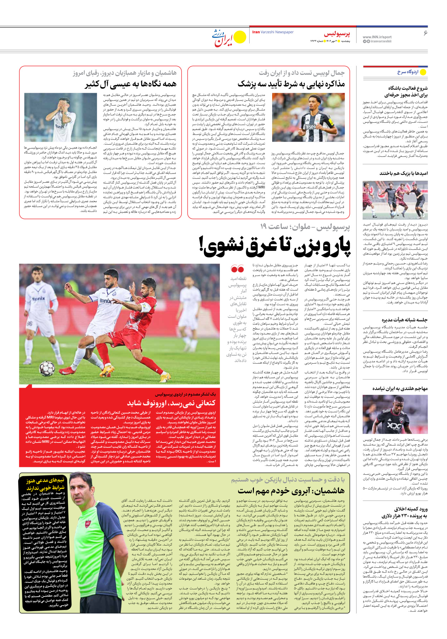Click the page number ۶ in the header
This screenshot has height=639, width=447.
click(426, 33)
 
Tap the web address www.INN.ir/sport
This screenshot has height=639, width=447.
click(377, 37)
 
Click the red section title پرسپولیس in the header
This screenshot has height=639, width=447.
click(337, 34)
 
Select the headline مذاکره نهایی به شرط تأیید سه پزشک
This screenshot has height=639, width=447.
click(291, 84)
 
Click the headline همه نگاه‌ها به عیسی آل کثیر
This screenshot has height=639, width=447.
click(131, 84)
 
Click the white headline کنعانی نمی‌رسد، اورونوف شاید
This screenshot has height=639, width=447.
click(171, 403)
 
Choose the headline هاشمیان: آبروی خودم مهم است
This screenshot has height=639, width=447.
click(291, 490)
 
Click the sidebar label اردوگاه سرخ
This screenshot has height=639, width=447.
click(408, 72)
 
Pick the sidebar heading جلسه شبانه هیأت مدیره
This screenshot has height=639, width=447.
click(404, 320)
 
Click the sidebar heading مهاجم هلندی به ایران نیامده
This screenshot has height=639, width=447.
click(400, 388)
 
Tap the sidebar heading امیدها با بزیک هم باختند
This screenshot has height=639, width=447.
click(403, 173)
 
